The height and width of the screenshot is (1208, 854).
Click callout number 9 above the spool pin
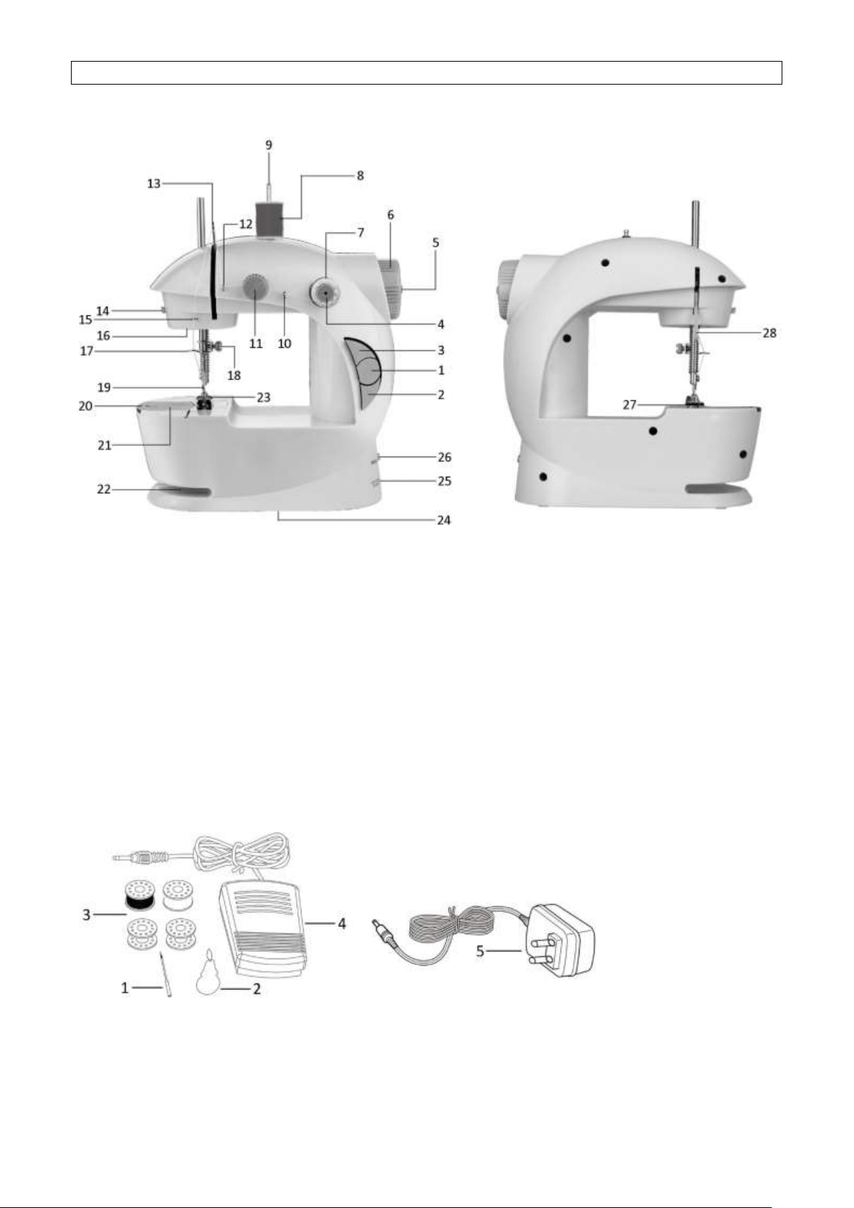pos(269,145)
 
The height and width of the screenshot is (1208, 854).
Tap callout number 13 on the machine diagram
pos(154,184)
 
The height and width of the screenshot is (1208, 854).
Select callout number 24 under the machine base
pos(443,520)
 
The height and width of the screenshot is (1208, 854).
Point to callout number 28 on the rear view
pos(769,333)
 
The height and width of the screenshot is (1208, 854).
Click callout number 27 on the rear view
pos(630,404)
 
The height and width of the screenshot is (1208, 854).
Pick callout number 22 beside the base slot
pos(104,489)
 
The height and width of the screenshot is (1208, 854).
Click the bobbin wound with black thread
pos(140,895)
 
